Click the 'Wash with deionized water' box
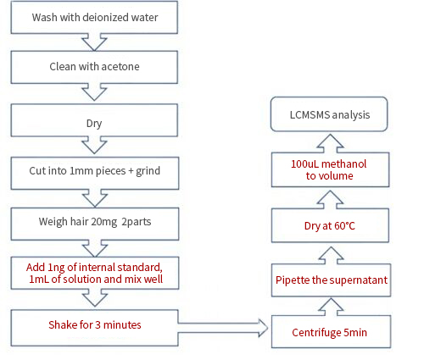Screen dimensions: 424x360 [x=94, y=17]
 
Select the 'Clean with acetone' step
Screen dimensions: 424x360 [x=94, y=67]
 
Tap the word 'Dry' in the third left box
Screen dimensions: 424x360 [x=94, y=124]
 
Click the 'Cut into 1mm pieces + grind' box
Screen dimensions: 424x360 [x=95, y=173]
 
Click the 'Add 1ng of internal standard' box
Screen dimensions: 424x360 [x=95, y=273]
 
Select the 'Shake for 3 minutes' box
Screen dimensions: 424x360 [x=95, y=328]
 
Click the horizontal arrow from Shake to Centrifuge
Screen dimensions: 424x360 [x=223, y=328]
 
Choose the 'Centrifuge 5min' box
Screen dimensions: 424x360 [x=331, y=332]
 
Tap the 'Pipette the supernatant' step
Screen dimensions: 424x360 [x=331, y=280]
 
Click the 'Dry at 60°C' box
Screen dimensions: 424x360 [x=330, y=225]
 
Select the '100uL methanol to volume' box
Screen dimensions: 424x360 [x=330, y=169]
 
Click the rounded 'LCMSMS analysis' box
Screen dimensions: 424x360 [x=329, y=114]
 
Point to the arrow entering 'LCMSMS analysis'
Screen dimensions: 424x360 [x=330, y=143]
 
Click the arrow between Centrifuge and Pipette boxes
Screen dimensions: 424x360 [x=331, y=307]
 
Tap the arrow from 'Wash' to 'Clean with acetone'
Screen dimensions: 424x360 [x=94, y=42]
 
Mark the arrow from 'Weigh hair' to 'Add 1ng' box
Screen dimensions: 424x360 [x=95, y=248]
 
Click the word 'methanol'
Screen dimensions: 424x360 [x=343, y=164]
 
